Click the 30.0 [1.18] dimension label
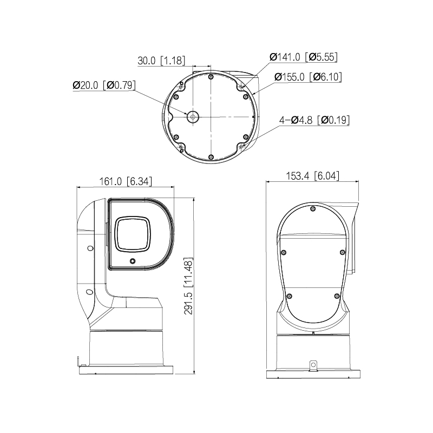pos(161,61)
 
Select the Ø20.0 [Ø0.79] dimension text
pos(104,85)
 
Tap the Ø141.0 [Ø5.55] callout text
pos(304,57)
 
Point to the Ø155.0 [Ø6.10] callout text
pos(308,77)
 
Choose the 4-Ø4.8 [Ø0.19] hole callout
pos(314,120)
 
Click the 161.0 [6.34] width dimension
pos(126,181)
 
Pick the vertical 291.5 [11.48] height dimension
pos(188,286)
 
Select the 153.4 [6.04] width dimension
pos(313,176)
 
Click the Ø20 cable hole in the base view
pos(193,117)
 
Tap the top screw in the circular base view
pos(211,77)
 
